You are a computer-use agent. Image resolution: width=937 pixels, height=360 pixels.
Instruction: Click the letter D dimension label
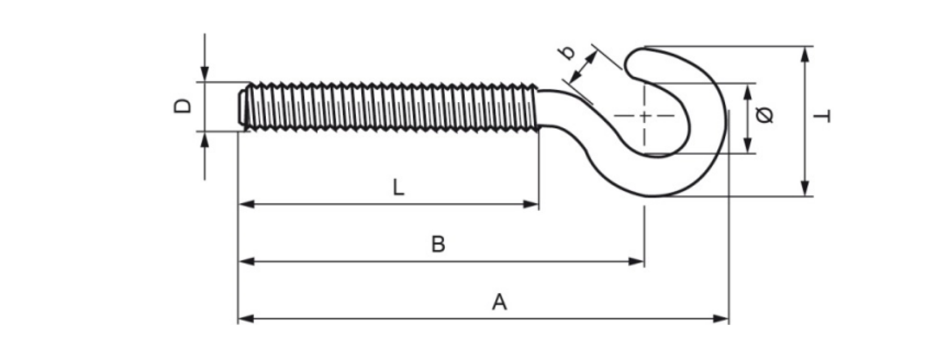(182, 106)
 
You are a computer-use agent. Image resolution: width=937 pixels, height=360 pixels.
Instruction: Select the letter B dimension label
(438, 244)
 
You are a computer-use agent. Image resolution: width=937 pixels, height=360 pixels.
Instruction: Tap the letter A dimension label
(499, 302)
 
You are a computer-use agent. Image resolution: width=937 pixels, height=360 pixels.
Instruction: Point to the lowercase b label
(567, 53)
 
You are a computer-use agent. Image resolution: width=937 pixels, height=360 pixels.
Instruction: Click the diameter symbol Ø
(765, 115)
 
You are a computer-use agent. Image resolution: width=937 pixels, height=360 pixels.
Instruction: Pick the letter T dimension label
(822, 116)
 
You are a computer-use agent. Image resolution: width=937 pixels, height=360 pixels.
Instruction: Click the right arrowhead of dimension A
(721, 319)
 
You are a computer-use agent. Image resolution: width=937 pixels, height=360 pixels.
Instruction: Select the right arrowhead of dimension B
(636, 261)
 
